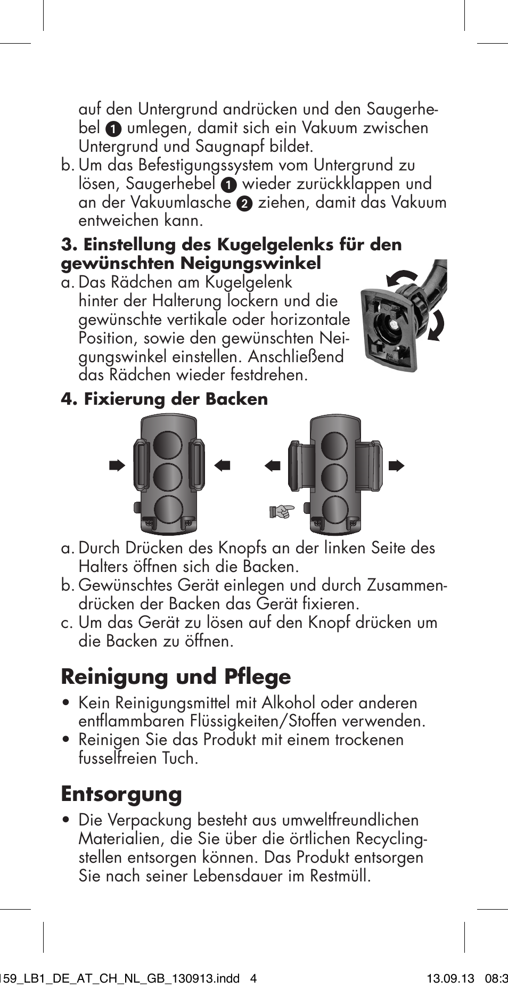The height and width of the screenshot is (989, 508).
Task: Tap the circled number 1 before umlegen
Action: (x=113, y=129)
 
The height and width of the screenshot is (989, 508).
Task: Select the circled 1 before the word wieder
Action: (x=228, y=185)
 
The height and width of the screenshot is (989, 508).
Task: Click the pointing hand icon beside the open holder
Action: (x=281, y=512)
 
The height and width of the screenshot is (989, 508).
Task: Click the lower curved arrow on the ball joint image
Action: (x=436, y=325)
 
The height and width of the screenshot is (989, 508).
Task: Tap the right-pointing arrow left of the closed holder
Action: (x=117, y=466)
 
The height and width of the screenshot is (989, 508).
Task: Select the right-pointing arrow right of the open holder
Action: (x=396, y=466)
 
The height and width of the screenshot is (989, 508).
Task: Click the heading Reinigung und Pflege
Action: (x=176, y=676)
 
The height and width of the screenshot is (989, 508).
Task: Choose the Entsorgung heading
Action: (x=121, y=794)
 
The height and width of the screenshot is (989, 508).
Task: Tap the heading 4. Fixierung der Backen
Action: (x=164, y=399)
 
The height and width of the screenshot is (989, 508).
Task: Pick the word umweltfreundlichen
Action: (x=350, y=820)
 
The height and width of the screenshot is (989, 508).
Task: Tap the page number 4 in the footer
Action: (x=253, y=979)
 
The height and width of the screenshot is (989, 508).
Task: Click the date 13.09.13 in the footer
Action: (x=450, y=979)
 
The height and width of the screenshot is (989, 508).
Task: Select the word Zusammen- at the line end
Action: (x=407, y=585)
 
